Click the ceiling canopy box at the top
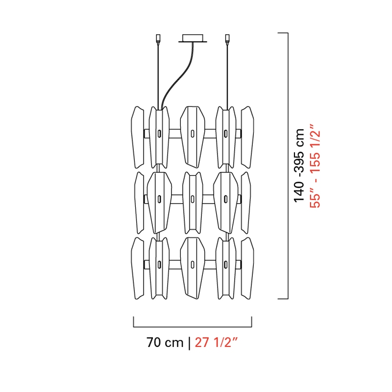[193, 38]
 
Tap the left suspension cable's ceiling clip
[158, 39]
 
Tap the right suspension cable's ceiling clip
[227, 39]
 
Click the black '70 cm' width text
[165, 342]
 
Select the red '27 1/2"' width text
[216, 342]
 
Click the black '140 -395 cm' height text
[299, 165]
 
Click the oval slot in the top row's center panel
[193, 134]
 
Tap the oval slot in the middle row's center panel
[193, 199]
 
